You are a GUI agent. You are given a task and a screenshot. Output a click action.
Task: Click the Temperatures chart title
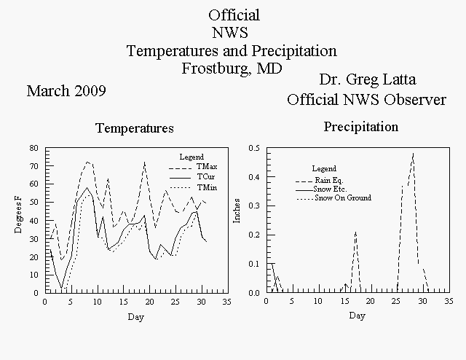(135, 128)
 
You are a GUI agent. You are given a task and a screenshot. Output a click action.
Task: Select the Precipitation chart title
(361, 127)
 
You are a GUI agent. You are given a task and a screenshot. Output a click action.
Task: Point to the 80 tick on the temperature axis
(34, 148)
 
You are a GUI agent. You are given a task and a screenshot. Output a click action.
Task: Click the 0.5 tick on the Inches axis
(254, 148)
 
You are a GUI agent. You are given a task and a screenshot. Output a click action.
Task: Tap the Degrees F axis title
(18, 214)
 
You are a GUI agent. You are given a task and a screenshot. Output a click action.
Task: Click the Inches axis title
(237, 211)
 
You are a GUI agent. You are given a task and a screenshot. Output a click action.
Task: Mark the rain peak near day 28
(413, 154)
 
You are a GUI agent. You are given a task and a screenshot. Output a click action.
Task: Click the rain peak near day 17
(355, 232)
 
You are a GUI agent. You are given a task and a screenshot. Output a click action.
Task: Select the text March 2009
(66, 91)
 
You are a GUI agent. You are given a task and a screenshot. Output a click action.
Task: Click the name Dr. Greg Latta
(368, 79)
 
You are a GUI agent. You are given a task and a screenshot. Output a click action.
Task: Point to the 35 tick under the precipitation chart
(449, 302)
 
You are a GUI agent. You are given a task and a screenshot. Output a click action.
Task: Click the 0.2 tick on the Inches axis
(254, 235)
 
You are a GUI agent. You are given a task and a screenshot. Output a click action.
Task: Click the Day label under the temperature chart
(136, 317)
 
